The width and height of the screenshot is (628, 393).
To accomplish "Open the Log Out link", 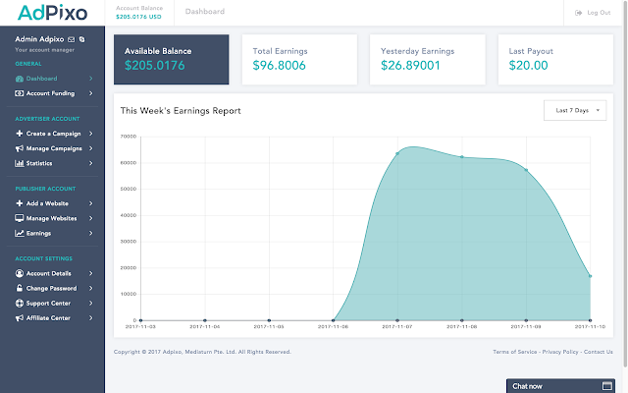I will click(x=595, y=13).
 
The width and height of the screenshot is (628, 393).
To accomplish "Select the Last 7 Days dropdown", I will click(x=575, y=110).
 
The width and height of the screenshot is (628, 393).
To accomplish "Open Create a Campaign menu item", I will click(x=54, y=133).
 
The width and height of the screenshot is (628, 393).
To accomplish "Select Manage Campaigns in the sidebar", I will click(x=54, y=148).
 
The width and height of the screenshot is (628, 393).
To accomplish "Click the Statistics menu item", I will click(x=39, y=163).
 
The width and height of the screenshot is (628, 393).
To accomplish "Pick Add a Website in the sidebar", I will click(x=47, y=202).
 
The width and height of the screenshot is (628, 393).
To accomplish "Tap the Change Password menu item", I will click(x=51, y=288).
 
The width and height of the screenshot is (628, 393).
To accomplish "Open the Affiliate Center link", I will click(x=50, y=317).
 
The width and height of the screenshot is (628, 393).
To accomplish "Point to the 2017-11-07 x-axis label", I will click(x=397, y=326).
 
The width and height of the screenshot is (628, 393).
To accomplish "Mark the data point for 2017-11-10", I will click(x=590, y=276).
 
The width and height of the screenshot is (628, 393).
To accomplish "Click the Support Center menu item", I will click(x=49, y=303).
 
